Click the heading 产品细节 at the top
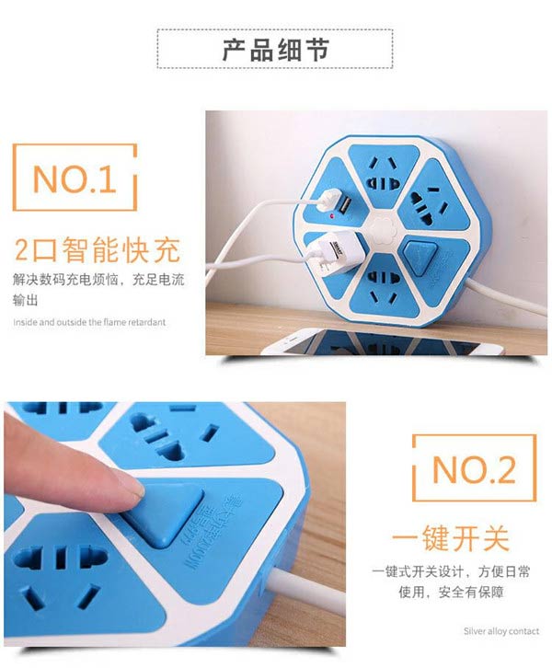click(275, 50)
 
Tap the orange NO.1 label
click(75, 180)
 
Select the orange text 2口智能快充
click(97, 250)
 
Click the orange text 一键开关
click(450, 537)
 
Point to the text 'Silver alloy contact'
click(501, 631)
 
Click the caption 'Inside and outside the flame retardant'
click(89, 322)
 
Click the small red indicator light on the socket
click(328, 214)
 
